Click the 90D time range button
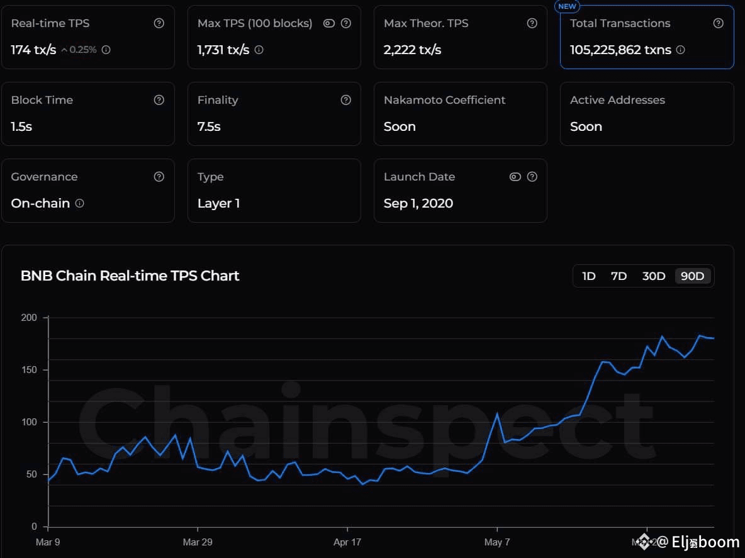pos(693,276)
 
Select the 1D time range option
pos(589,276)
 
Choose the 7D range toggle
pos(619,276)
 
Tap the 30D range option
pos(654,276)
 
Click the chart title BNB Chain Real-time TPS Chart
pos(130,276)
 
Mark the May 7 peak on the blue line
pos(497,414)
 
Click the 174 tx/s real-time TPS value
pos(33,50)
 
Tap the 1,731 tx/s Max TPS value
pos(223,50)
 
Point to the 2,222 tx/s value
pos(412,50)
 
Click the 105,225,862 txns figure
pos(620,50)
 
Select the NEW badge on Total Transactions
pos(567,6)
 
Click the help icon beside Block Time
pos(159,100)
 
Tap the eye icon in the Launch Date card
pos(515,177)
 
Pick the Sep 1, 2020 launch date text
pos(418,203)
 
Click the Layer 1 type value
pos(218,203)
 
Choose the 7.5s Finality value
pos(209,126)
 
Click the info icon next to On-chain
pos(80,203)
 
